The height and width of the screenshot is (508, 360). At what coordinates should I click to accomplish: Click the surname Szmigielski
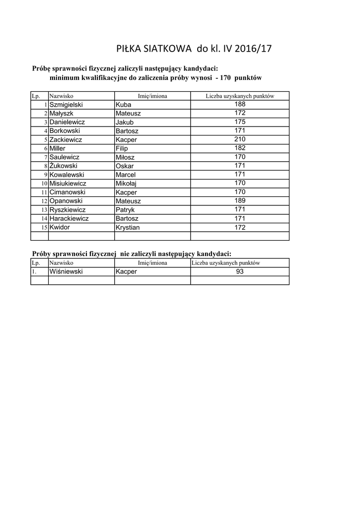click(66, 105)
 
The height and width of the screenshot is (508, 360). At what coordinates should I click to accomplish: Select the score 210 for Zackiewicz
click(240, 139)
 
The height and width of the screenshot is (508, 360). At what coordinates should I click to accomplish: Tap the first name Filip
click(122, 148)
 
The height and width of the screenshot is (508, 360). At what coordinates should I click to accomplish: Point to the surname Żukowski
click(63, 166)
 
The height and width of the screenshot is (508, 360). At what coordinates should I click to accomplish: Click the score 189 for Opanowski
click(240, 200)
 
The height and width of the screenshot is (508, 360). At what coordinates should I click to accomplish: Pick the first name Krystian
click(128, 227)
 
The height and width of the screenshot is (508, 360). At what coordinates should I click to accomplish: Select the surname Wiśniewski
click(66, 271)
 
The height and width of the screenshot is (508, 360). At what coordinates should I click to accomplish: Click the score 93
click(240, 271)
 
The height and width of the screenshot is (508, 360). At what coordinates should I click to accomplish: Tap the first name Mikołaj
click(126, 184)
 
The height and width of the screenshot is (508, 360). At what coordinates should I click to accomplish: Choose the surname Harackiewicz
click(69, 218)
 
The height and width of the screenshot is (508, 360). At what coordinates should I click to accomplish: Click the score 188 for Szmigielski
click(240, 104)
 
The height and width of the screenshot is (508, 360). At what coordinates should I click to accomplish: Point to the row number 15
click(44, 227)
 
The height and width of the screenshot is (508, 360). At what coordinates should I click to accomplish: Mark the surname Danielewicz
click(67, 122)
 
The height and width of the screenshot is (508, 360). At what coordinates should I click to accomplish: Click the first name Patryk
click(125, 210)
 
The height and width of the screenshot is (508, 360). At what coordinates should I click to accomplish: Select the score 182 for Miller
click(240, 148)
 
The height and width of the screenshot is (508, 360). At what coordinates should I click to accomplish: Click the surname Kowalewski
click(67, 175)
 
